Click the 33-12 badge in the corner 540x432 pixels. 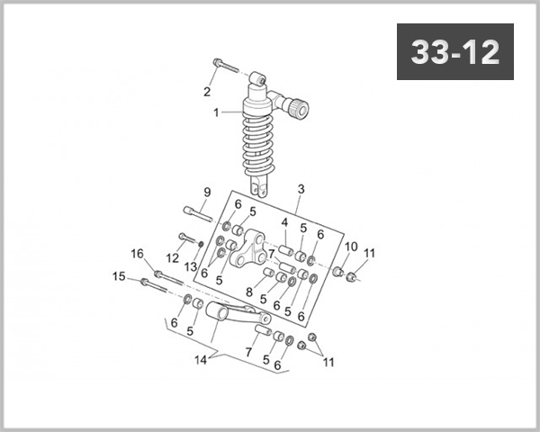[454, 52]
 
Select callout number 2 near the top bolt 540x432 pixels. [301, 189]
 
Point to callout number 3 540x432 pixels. [283, 222]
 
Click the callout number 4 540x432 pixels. [249, 292]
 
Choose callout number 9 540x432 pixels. [206, 192]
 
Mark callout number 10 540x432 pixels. [351, 247]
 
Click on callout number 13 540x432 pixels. [191, 266]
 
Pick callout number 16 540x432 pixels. [138, 253]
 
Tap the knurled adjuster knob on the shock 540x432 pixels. [296, 110]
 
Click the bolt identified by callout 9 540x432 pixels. [197, 212]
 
